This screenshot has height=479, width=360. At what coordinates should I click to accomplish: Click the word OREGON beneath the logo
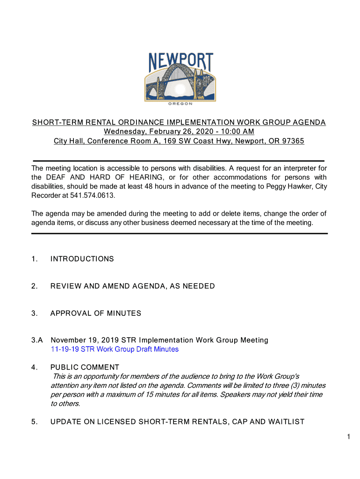(180, 104)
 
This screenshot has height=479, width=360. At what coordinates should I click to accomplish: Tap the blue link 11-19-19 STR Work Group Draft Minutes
(115, 349)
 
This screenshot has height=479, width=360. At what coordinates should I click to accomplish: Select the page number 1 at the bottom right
(349, 437)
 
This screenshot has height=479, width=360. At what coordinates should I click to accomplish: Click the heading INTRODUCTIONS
(82, 259)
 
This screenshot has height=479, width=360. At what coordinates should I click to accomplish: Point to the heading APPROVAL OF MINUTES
(95, 313)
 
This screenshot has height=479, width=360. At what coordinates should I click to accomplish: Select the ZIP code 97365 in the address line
(293, 141)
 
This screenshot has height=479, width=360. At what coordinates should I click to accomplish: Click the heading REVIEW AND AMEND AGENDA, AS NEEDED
(132, 286)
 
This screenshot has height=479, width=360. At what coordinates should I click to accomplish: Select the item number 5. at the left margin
(35, 422)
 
